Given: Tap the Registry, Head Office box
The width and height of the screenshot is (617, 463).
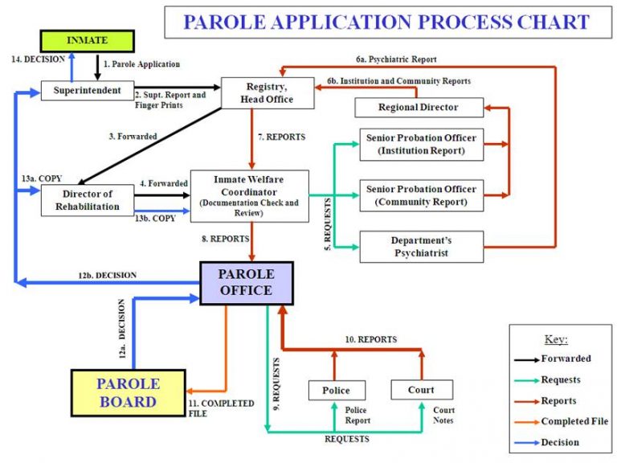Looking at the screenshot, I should point(256,93).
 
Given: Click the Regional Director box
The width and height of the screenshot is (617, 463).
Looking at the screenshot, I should point(418,108).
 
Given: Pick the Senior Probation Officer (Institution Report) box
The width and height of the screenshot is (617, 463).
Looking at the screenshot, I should point(421,144).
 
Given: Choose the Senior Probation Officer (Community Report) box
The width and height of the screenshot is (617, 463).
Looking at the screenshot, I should point(421,195).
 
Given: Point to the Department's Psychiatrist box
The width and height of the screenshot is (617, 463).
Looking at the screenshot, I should point(421,247).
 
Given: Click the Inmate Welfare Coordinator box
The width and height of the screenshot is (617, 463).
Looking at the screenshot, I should point(248,195).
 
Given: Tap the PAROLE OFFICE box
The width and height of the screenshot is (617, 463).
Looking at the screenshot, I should point(247,282).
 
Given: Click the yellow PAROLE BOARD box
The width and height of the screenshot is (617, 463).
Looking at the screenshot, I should point(129,392).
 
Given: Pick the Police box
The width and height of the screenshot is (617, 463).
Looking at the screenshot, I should point(336,391).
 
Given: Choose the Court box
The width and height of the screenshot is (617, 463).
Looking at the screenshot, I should point(421,390).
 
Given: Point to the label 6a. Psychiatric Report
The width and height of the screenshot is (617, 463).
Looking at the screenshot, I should point(395,59).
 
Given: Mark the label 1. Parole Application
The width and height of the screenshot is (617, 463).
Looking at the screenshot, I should point(141,64).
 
